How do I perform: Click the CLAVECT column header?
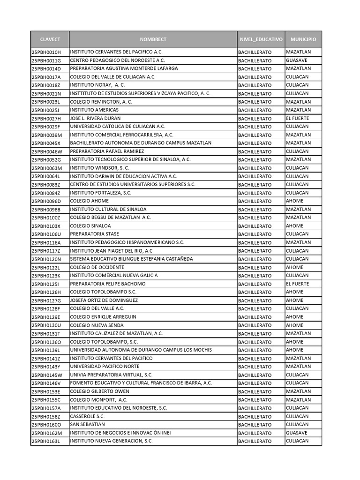(50, 39)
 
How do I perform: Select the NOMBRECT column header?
(153, 39)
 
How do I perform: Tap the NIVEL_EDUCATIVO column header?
(261, 39)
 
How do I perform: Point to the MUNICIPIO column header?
(303, 39)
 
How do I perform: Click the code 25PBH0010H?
(46, 52)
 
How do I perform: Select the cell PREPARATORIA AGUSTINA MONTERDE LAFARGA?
(124, 68)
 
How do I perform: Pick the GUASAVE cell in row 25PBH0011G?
(297, 60)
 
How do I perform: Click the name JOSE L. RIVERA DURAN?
(95, 118)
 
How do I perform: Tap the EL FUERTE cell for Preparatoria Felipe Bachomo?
(298, 284)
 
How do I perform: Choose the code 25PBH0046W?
(47, 151)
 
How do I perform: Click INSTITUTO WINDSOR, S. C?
(100, 168)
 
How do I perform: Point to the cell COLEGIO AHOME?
(89, 201)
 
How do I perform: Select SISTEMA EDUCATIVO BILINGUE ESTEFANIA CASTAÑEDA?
(131, 259)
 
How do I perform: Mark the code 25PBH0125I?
(45, 284)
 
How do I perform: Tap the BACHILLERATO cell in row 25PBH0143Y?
(255, 367)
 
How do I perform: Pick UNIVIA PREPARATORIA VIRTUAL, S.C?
(112, 375)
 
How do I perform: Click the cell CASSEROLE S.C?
(88, 416)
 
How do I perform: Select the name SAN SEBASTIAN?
(87, 425)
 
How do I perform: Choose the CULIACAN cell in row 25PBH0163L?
(297, 441)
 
